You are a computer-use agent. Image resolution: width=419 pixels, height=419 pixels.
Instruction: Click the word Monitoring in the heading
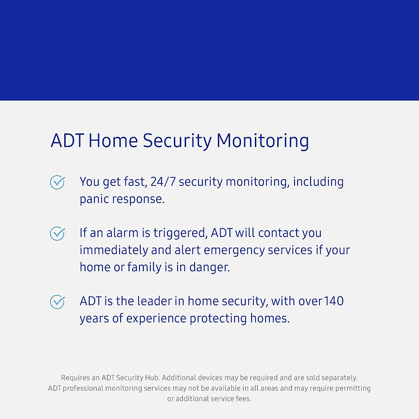pos(263,141)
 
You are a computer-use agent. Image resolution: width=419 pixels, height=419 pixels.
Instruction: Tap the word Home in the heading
pos(113,141)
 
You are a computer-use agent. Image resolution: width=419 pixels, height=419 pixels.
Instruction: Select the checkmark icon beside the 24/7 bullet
pos(58,182)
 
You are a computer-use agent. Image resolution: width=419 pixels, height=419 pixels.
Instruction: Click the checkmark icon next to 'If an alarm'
pos(58,234)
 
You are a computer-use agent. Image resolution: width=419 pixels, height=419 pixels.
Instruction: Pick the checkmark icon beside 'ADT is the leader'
pos(58,302)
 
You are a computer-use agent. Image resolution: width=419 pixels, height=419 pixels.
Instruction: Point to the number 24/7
pos(163,182)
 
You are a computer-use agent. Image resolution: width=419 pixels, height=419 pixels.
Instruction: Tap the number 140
pos(333,301)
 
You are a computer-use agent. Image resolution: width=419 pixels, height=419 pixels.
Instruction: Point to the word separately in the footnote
pos(339,378)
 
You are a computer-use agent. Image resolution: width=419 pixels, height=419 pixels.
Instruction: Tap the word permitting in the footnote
pos(353,388)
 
